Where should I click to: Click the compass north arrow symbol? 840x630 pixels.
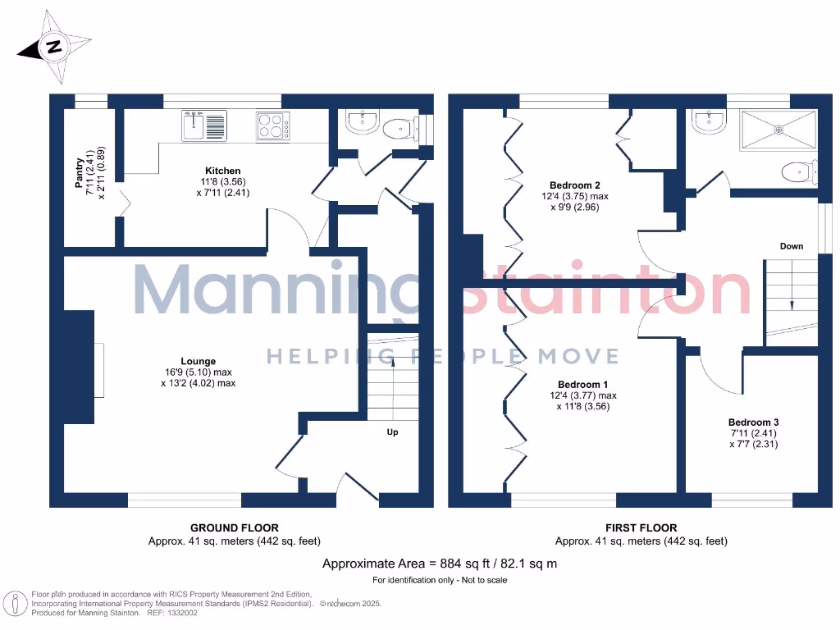pos(55,48)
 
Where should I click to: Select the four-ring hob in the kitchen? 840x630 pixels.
pos(272,126)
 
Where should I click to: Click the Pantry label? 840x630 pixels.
pos(80,174)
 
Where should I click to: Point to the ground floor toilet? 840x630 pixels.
pos(400,126)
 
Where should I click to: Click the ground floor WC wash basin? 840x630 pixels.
pos(362,123)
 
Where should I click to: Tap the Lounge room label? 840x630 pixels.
pos(199,361)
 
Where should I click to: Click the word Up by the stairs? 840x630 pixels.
pos(392,432)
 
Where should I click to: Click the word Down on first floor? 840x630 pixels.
pos(792,246)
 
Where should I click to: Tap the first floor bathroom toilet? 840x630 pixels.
pos(797,171)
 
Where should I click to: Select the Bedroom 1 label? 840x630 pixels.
pos(582,385)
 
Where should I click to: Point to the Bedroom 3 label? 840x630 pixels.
pos(752,422)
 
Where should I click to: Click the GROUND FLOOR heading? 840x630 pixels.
pos(234,527)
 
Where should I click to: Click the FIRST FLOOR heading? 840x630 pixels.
pos(641,527)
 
